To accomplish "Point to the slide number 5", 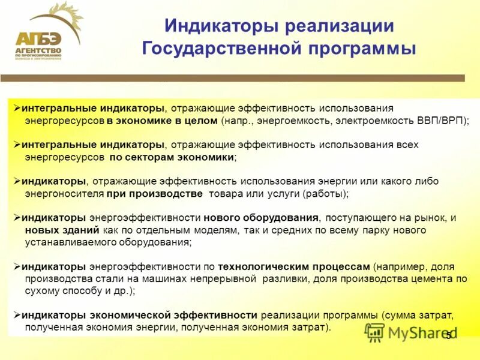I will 448,335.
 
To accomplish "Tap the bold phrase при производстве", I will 155,194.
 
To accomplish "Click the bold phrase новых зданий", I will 55,230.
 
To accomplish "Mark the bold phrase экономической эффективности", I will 174,315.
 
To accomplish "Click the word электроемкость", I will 374,120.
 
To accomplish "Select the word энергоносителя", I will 64,194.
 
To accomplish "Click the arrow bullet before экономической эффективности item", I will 17,315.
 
